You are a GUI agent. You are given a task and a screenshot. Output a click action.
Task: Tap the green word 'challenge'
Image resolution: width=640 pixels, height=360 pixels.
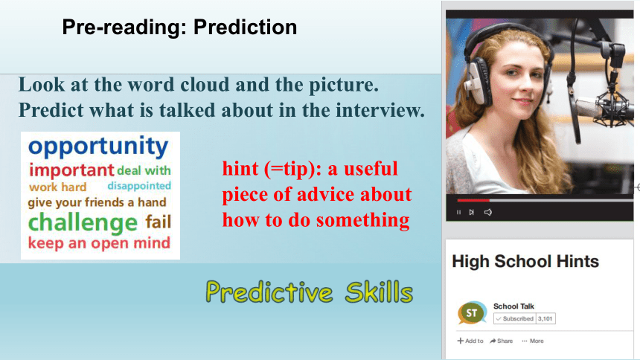tap(83, 223)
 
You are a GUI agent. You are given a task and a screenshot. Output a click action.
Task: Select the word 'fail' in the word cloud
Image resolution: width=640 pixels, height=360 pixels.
tap(159, 222)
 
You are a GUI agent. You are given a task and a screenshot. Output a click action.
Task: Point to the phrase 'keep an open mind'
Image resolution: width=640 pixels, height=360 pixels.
tap(99, 243)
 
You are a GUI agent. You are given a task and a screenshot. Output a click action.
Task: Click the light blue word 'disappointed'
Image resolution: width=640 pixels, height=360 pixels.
tap(139, 186)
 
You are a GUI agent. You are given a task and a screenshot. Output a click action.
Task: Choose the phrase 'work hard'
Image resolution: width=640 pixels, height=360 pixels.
tap(57, 187)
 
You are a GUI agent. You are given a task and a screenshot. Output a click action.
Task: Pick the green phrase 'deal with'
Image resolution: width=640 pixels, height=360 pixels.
tap(144, 170)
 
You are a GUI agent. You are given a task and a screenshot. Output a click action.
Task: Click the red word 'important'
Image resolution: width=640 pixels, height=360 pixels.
tap(71, 170)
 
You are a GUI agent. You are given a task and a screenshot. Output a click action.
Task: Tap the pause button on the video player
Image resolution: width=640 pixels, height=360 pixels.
tap(458, 212)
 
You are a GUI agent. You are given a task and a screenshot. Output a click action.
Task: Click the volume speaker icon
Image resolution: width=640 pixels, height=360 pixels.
tap(487, 212)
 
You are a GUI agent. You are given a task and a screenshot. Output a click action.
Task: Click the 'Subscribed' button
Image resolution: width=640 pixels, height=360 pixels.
tap(514, 318)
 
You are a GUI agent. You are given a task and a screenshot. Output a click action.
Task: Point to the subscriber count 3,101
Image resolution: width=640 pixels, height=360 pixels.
tap(545, 318)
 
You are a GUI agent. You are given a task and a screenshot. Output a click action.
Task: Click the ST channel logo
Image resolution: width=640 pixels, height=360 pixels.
tap(472, 313)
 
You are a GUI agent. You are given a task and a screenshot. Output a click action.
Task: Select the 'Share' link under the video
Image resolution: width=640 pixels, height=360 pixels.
tap(502, 341)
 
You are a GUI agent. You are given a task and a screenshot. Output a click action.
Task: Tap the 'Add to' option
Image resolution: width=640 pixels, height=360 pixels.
tap(470, 341)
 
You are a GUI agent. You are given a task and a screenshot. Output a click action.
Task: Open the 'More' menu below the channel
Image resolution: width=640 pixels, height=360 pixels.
tap(533, 341)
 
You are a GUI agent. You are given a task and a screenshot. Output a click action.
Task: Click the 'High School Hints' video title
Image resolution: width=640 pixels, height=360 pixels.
tap(525, 261)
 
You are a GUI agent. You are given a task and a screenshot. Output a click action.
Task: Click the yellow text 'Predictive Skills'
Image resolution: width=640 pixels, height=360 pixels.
tap(310, 292)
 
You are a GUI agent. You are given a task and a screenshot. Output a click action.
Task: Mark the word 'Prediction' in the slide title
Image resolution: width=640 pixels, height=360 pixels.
tap(246, 28)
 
